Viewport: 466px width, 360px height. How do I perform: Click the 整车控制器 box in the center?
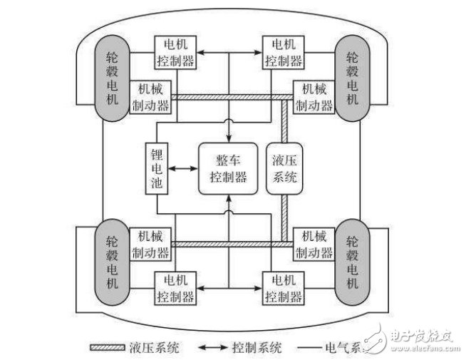pyautogui.click(x=229, y=169)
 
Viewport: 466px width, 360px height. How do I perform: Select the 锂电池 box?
pyautogui.click(x=157, y=168)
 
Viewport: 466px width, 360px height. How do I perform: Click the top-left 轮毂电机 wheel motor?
pyautogui.click(x=112, y=73)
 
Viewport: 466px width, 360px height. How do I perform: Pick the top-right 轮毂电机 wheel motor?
pyautogui.click(x=353, y=73)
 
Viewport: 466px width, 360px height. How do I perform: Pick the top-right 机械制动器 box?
pyautogui.click(x=313, y=98)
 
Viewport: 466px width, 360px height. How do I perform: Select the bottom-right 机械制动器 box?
pyautogui.click(x=314, y=244)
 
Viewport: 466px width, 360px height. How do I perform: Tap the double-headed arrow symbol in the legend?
pyautogui.click(x=213, y=348)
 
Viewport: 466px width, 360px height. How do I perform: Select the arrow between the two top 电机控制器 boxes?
pyautogui.click(x=230, y=51)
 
